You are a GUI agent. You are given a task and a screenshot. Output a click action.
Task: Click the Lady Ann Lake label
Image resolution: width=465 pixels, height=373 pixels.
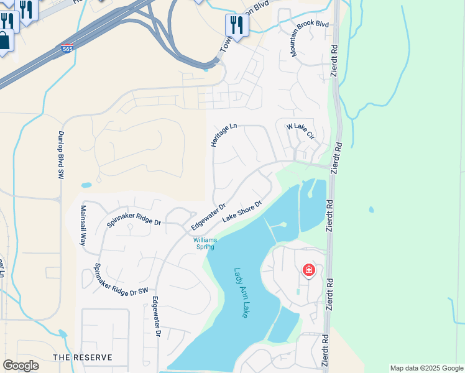[x=241, y=293]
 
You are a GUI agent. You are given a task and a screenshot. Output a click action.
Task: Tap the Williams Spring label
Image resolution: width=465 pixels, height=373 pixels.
[x=205, y=243]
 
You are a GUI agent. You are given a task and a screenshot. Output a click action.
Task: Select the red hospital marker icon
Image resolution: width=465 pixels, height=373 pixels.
[x=308, y=270]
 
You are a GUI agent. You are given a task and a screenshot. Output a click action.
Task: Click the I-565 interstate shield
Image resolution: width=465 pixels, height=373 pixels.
[x=67, y=47]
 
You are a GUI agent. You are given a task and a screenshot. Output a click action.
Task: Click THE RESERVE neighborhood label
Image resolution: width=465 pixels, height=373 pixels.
[x=83, y=357]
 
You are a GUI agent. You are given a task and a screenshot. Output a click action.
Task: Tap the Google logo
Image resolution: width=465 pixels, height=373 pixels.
[x=21, y=366]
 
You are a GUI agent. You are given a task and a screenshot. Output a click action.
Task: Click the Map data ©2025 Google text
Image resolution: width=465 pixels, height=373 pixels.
[x=426, y=369]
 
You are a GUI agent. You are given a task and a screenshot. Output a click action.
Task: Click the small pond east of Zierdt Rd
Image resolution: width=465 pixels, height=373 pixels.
[x=371, y=210]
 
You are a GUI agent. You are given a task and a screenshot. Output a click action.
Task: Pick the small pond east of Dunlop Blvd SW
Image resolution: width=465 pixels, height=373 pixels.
[x=86, y=185]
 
